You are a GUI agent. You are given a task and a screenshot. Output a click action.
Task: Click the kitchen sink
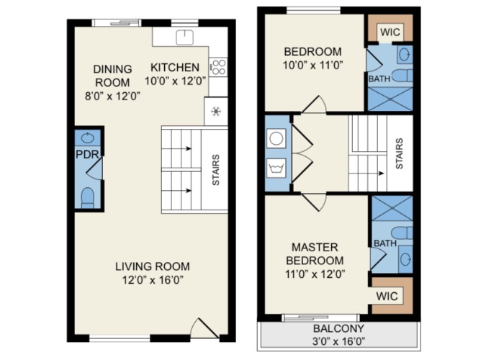coord(185,37)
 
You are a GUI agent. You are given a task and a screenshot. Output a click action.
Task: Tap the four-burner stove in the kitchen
coord(218,67)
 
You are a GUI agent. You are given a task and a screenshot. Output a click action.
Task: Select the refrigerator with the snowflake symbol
coord(216,111)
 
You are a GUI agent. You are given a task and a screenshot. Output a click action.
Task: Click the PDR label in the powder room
coord(87,154)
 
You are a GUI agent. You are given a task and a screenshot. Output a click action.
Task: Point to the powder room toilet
coord(88,197)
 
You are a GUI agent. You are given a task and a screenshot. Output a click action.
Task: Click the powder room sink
coord(87,138)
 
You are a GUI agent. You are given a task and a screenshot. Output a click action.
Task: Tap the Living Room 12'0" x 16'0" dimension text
coord(153,280)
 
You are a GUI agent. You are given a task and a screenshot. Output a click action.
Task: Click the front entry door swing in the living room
coord(204,328)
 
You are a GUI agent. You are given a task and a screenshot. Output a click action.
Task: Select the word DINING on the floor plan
coord(112,69)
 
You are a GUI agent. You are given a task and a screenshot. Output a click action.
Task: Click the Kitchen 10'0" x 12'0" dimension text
coord(175,81)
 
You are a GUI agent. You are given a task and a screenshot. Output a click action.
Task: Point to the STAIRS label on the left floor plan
coord(216,170)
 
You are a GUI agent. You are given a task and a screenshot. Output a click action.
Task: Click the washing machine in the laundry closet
coord(276,168)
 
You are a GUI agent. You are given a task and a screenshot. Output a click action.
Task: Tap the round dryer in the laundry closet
coord(276,138)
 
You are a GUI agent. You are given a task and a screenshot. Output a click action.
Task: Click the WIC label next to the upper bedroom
coord(390,32)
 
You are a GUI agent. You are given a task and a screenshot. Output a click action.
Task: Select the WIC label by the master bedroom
coord(387,296)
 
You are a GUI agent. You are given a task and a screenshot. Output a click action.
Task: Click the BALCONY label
coord(339,328)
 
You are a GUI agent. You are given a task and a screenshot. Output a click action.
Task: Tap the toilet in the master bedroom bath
coord(402,233)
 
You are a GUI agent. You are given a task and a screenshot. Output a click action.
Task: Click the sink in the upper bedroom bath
coord(405,55)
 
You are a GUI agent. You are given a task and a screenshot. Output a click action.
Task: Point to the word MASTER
coord(315,247)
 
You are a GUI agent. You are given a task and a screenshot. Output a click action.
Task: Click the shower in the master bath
coord(392,208)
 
